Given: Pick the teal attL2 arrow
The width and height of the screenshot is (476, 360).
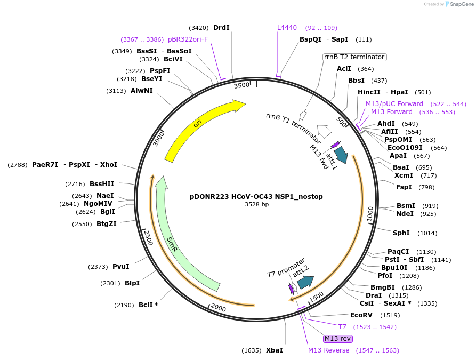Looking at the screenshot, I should pos(305,281).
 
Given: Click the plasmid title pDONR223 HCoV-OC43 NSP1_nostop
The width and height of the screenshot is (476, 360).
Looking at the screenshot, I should pos(256,196).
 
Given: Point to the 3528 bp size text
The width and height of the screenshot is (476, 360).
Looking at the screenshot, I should pos(256,204).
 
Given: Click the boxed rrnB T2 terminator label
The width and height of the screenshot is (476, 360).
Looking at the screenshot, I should pos(354,57).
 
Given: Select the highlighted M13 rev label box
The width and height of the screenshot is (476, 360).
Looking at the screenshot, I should pos(338,339).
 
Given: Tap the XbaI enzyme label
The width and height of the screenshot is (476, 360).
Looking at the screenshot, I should pos(275,350).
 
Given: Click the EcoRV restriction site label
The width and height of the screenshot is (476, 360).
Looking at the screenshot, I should pos(360,315).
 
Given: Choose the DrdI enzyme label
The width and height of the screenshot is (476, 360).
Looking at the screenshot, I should pos(221,28).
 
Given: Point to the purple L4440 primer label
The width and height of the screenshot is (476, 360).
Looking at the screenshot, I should pos(287,28).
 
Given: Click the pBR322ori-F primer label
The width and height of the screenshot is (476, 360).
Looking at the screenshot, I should pos(188,39).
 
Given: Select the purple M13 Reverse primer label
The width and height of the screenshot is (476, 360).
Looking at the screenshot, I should pos(328,350).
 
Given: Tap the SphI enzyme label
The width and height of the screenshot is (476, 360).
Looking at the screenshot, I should pos(401,233).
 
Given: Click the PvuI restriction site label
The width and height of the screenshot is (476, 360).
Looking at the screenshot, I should pos(120,267).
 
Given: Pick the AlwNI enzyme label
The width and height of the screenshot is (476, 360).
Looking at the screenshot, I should pos(141,91).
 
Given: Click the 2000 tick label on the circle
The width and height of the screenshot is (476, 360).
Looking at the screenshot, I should pos(219,308).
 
